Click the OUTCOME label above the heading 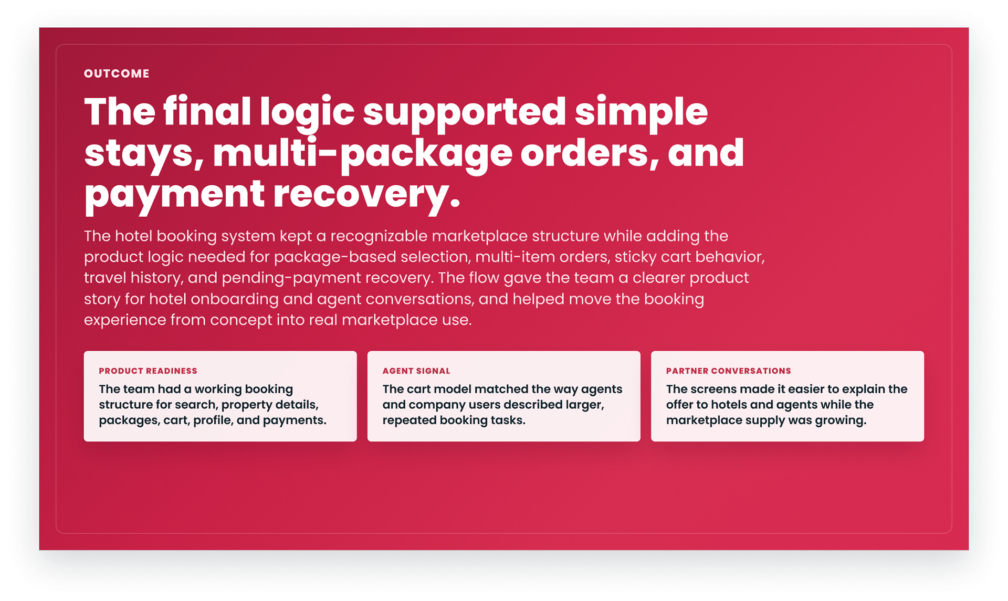click(x=117, y=73)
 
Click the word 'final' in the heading click(x=207, y=112)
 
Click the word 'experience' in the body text click(x=125, y=320)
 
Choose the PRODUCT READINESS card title click(x=148, y=371)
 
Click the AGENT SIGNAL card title click(x=416, y=371)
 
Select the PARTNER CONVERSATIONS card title click(x=729, y=371)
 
